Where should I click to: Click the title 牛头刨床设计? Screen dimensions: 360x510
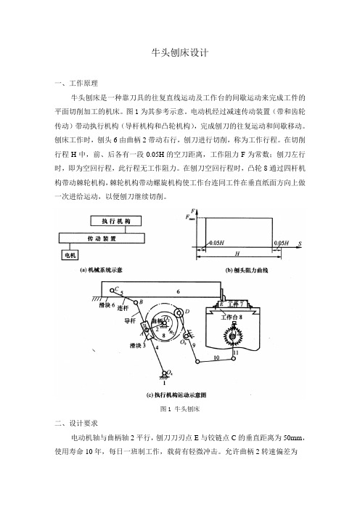180,53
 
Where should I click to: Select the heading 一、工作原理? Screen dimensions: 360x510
76,84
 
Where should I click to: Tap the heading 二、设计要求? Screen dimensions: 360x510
76,423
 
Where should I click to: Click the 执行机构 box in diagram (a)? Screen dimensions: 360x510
116,221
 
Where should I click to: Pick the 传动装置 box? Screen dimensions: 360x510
102,238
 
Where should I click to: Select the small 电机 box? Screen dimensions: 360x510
70,255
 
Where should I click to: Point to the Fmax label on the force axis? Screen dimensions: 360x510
190,218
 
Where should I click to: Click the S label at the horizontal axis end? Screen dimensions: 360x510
300,243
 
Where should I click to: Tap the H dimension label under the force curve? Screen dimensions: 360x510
237,254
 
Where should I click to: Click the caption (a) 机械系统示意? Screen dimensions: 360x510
101,270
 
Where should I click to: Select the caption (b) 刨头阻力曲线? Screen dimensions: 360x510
247,270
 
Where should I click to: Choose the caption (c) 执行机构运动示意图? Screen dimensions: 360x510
176,395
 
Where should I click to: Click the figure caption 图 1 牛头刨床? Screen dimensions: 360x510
180,409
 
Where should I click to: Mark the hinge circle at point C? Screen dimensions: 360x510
112,290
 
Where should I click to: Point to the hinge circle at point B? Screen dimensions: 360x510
136,302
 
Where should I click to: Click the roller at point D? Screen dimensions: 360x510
179,313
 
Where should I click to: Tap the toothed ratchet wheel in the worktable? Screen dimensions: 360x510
232,336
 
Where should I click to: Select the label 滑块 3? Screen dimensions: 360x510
137,345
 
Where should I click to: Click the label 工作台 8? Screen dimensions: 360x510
232,317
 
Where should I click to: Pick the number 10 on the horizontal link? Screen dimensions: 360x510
216,357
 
